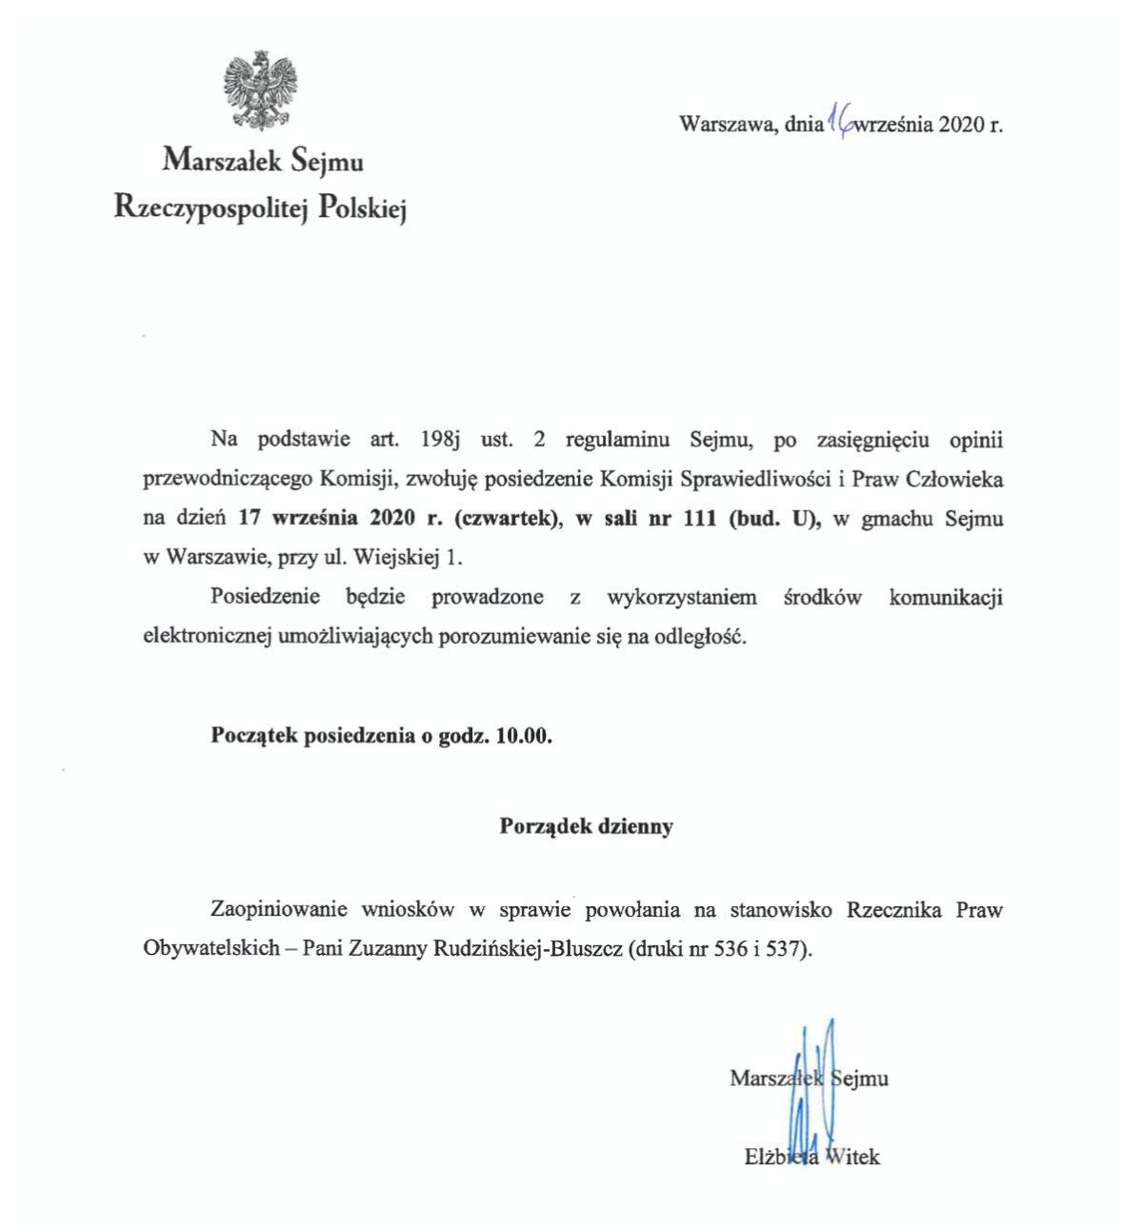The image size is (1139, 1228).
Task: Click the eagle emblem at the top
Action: (x=259, y=90)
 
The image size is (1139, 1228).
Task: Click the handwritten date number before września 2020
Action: (x=841, y=121)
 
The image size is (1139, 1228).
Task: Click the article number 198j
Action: (x=439, y=440)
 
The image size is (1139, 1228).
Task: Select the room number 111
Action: (x=700, y=519)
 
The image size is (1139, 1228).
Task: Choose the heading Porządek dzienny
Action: (x=586, y=826)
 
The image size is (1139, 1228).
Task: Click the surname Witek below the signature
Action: (x=851, y=1158)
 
